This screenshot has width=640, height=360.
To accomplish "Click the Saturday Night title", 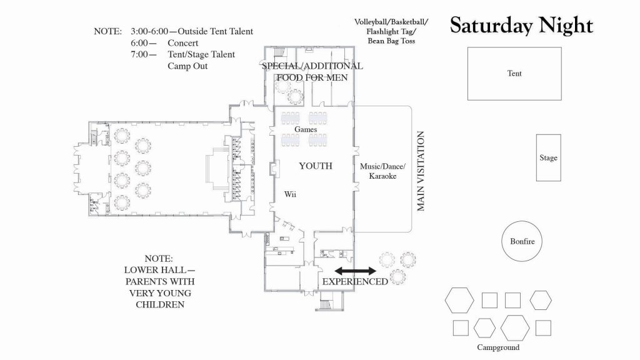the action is (x=521, y=26).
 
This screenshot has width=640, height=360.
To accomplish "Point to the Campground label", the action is (x=498, y=347).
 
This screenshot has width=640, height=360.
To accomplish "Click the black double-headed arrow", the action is (x=355, y=271).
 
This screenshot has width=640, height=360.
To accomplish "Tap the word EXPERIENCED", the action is (x=355, y=282).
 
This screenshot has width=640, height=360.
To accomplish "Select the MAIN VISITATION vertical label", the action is (x=421, y=171).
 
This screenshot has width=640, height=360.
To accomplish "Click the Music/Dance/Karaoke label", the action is (x=383, y=171).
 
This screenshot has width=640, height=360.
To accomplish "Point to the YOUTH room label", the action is (x=316, y=166).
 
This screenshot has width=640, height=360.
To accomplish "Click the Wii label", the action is (x=290, y=194).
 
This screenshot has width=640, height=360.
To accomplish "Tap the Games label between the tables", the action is (x=306, y=129).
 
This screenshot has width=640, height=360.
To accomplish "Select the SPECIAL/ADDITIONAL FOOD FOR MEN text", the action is (x=312, y=72).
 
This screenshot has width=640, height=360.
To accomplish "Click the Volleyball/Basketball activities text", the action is (x=391, y=31).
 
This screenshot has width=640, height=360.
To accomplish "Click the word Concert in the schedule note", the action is (x=183, y=43).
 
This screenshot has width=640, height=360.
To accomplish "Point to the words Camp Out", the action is (x=187, y=66).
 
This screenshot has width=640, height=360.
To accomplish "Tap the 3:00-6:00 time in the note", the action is (x=149, y=31).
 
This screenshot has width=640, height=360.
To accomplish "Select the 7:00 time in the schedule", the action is (x=139, y=54).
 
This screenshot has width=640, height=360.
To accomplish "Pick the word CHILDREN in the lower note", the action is (x=160, y=304).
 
